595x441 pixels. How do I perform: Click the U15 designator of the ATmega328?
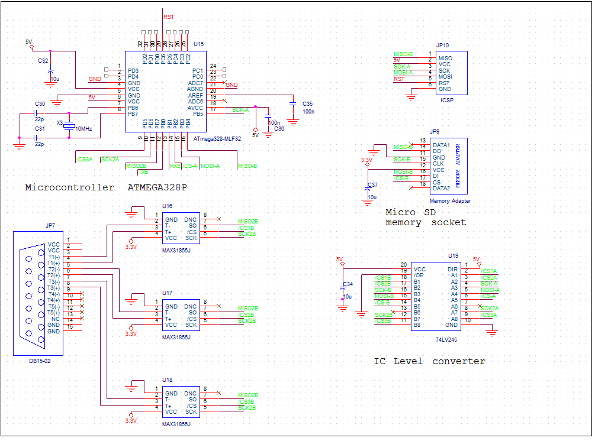(198, 44)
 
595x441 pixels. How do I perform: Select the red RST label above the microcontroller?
(169, 18)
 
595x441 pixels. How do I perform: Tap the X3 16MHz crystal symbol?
(69, 125)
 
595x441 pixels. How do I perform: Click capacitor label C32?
(43, 60)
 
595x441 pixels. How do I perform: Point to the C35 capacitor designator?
(307, 103)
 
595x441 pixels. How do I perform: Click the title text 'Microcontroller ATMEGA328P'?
(105, 187)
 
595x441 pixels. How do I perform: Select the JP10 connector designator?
(442, 45)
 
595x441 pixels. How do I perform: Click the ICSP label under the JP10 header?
(446, 100)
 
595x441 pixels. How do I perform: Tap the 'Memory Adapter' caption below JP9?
(450, 201)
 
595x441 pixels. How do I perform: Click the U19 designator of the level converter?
(453, 256)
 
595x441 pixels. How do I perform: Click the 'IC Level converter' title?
(429, 361)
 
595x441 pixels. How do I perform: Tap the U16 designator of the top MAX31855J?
(168, 206)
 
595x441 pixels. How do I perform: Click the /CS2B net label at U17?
(246, 314)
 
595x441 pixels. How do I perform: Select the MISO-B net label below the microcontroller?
(247, 166)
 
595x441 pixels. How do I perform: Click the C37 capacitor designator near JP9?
(372, 185)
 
